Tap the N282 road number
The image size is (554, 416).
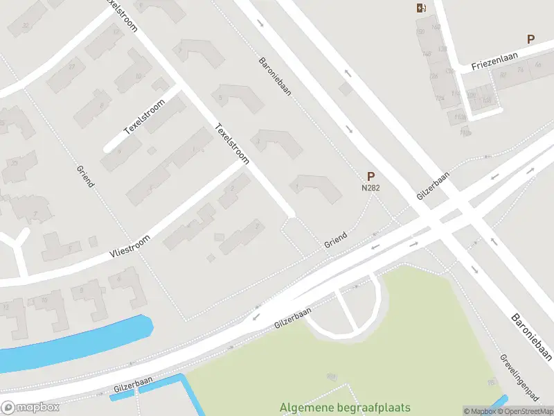pyautogui.click(x=370, y=188)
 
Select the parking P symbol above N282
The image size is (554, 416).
pyautogui.click(x=370, y=177)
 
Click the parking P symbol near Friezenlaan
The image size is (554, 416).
pyautogui.click(x=531, y=40)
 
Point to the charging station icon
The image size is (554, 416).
pyautogui.click(x=420, y=8)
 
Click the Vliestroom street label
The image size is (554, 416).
pyautogui.click(x=129, y=246)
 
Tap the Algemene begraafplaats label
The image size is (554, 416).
pyautogui.click(x=345, y=408)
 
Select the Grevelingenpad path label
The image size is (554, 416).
pyautogui.click(x=519, y=378)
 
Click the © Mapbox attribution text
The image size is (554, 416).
pyautogui.click(x=479, y=411)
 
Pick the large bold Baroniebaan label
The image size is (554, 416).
pyautogui.click(x=532, y=337)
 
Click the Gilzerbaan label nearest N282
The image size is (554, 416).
pyautogui.click(x=433, y=186)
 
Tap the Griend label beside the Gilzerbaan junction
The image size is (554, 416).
pyautogui.click(x=335, y=241)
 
